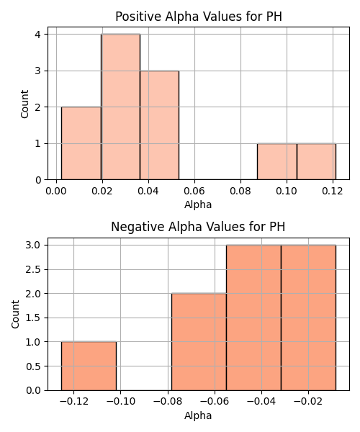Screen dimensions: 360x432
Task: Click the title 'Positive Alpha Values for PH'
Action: (x=199, y=17)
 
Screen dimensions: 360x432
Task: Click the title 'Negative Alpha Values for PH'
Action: (x=198, y=227)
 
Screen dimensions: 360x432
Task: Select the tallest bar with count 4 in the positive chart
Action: (x=121, y=107)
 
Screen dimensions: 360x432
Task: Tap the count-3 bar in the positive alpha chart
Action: (x=159, y=125)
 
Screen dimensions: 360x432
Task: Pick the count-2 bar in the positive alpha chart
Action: (x=81, y=143)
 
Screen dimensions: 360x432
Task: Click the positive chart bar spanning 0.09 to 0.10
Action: (x=277, y=161)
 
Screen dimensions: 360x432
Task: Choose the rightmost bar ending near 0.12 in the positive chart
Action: (x=317, y=161)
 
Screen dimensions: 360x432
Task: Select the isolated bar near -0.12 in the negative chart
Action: (x=89, y=366)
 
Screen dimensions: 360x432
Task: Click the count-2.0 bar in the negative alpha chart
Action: (x=199, y=341)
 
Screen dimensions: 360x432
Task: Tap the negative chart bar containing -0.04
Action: (x=253, y=318)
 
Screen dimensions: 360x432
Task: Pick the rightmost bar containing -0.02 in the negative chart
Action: (x=308, y=318)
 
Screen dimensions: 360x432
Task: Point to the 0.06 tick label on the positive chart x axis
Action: (x=194, y=191)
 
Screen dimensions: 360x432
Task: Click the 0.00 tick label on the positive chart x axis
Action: (x=56, y=191)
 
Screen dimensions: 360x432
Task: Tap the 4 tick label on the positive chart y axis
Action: (x=37, y=35)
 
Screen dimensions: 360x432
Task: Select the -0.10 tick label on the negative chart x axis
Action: (x=121, y=402)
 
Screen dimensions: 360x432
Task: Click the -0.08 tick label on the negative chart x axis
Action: (x=168, y=402)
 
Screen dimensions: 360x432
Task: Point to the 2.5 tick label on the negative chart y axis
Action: (x=33, y=269)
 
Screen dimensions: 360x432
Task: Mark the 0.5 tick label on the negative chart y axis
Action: (x=33, y=366)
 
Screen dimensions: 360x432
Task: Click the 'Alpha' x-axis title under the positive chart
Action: (x=198, y=204)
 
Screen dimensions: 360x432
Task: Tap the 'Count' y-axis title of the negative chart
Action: (x=15, y=314)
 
